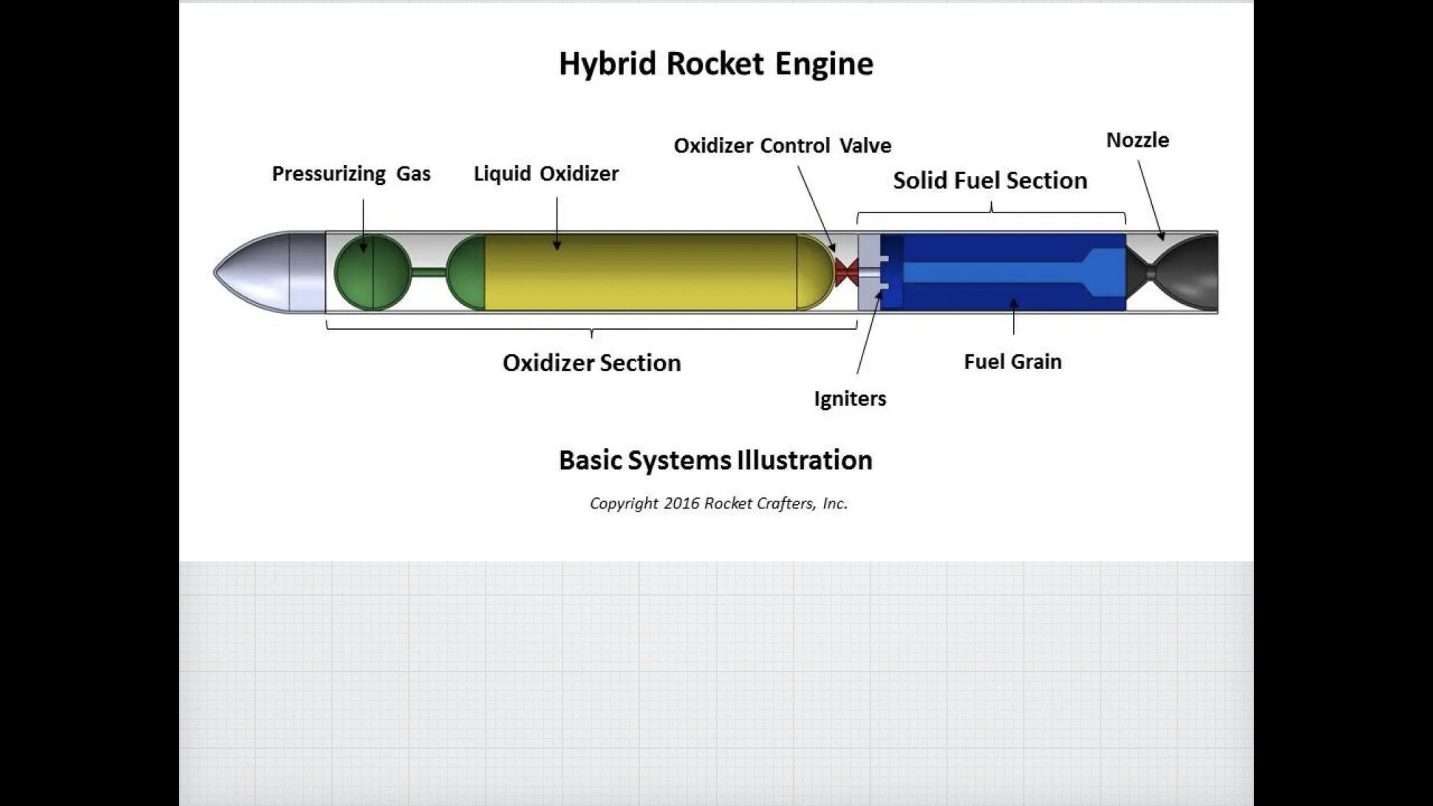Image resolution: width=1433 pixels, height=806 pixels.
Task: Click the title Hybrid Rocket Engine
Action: pos(716,64)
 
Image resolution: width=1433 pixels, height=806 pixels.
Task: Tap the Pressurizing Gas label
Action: pos(351,174)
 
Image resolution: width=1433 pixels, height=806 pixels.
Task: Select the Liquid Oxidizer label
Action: pos(546,174)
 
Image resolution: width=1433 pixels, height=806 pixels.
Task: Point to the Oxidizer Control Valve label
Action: pos(782,146)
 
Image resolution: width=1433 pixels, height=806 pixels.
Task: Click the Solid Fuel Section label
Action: pos(990,181)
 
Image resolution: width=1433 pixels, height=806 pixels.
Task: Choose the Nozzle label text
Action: pos(1137,140)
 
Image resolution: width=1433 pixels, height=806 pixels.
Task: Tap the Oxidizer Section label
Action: pos(592,363)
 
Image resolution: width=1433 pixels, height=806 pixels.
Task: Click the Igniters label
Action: pos(850,398)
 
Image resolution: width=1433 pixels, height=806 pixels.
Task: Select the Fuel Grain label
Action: pos(1012,362)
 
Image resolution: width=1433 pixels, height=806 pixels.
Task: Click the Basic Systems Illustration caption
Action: pos(715,460)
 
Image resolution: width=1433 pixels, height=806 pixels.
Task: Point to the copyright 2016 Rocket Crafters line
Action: pos(718,503)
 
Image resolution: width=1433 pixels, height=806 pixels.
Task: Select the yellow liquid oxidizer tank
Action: pos(642,272)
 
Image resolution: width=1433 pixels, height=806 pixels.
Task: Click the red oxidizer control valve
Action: pos(846,272)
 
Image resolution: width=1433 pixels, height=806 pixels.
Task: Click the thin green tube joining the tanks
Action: pos(429,272)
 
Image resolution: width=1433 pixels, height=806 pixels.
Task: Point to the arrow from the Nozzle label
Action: pos(1150,198)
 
